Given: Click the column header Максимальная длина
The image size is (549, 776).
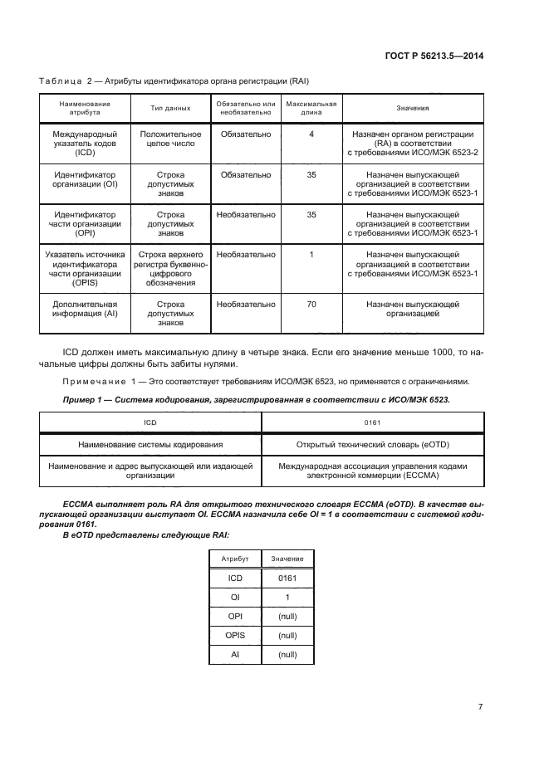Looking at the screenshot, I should coord(311,108).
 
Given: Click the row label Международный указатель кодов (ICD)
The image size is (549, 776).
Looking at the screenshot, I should coord(85,144).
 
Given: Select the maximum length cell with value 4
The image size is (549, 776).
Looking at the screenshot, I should coord(311,134).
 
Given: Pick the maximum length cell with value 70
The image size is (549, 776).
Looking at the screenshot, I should coord(311,305).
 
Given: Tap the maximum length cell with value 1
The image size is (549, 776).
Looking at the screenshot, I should coord(311,255).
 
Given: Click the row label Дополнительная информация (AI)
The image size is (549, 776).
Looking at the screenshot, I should coord(85,310).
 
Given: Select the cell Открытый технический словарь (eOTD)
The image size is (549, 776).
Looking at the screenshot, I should coord(372,445).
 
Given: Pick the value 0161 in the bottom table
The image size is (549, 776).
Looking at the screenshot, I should coord(287,578).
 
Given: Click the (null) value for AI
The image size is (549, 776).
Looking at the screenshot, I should coord(287,654).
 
